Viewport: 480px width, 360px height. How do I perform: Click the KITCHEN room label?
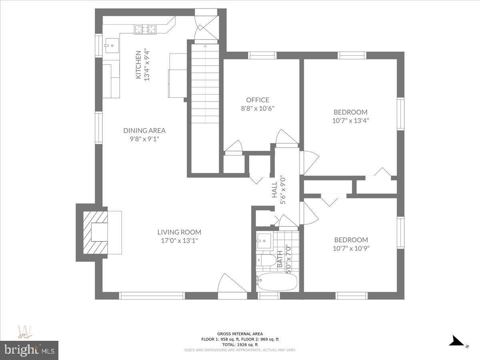pyautogui.click(x=138, y=65)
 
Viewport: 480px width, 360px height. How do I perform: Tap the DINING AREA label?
pyautogui.click(x=144, y=130)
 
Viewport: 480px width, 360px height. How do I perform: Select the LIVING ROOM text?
pyautogui.click(x=179, y=232)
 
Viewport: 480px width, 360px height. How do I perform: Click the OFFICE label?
pyautogui.click(x=258, y=100)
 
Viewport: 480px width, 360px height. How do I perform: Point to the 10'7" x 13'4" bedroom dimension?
pyautogui.click(x=350, y=120)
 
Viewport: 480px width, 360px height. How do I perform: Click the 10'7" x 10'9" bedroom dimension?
pyautogui.click(x=351, y=248)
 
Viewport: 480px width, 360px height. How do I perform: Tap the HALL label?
pyautogui.click(x=275, y=190)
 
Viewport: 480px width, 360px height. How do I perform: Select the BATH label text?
pyautogui.click(x=280, y=259)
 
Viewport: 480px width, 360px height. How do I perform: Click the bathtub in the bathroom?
pyautogui.click(x=278, y=283)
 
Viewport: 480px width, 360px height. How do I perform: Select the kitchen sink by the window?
pyautogui.click(x=111, y=46)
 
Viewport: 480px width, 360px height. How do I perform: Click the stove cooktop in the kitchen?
pyautogui.click(x=145, y=29)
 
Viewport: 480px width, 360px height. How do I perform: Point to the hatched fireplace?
pyautogui.click(x=95, y=232)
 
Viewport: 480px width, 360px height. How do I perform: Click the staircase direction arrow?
pyautogui.click(x=205, y=47)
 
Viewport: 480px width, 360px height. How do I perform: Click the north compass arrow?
pyautogui.click(x=457, y=341)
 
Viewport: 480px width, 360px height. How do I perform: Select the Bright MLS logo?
pyautogui.click(x=29, y=350)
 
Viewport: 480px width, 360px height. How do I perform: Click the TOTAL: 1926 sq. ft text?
pyautogui.click(x=240, y=344)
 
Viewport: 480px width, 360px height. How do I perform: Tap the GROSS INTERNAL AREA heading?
pyautogui.click(x=240, y=334)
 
